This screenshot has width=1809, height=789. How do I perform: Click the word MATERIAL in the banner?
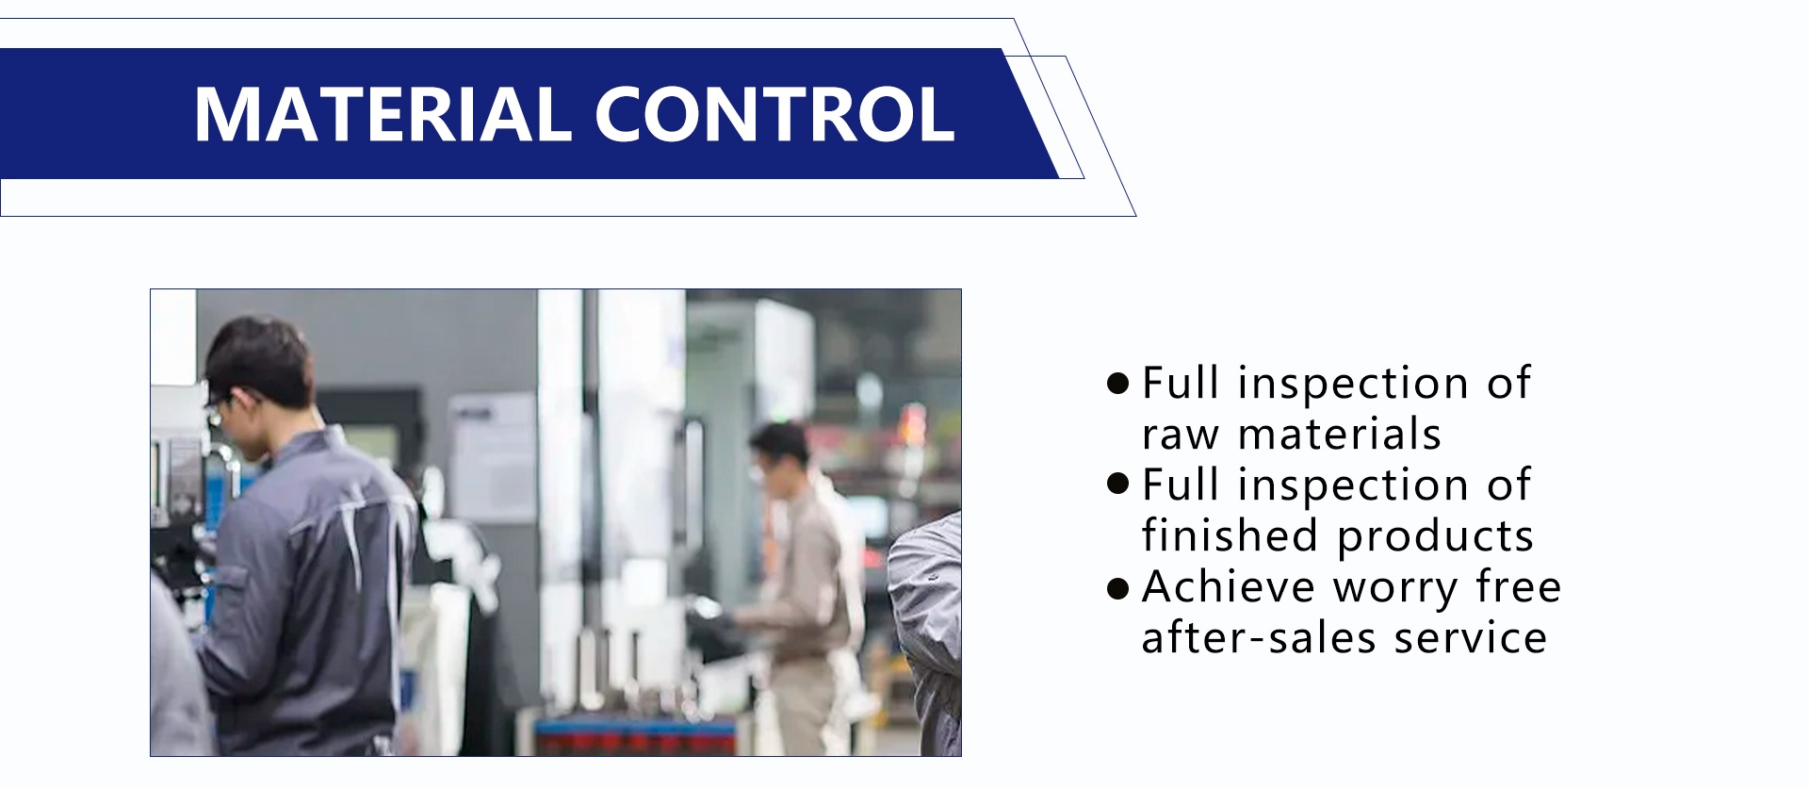click(383, 114)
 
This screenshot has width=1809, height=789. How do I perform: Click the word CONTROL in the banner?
click(774, 114)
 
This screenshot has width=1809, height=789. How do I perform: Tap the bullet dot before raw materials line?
click(1118, 384)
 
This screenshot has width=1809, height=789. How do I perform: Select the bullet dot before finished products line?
click(1118, 485)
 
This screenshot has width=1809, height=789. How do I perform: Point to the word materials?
click(1340, 435)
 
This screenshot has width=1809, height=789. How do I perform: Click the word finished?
click(1230, 534)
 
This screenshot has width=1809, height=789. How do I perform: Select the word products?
click(1436, 536)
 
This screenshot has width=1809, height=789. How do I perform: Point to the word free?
click(1519, 586)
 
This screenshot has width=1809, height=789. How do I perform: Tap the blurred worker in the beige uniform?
click(801, 584)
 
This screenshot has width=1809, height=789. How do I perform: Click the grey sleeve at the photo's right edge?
click(924, 632)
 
